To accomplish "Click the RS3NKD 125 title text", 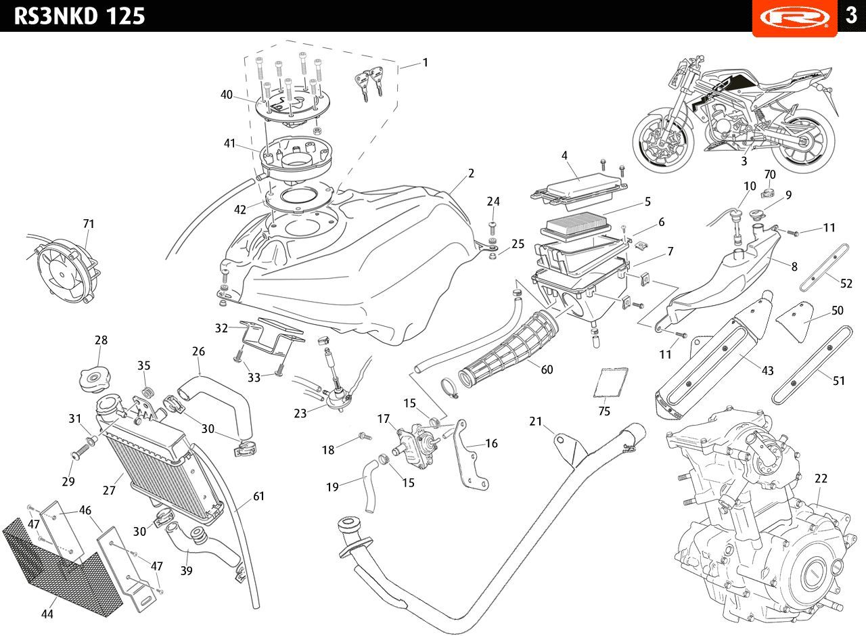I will [x=79, y=16].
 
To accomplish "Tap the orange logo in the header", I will [x=794, y=16].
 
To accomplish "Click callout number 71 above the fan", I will [x=89, y=223].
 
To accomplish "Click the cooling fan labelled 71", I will [x=65, y=271].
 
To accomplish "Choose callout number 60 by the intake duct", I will [x=547, y=369].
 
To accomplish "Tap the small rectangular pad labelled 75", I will [x=611, y=382].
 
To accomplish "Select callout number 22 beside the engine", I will [x=821, y=478].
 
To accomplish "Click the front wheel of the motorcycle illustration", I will [x=664, y=142].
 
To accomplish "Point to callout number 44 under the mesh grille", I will [x=47, y=614].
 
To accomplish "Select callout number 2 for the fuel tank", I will [x=471, y=173].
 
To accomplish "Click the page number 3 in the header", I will [x=851, y=16].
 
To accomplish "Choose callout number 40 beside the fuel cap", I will [x=227, y=95].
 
